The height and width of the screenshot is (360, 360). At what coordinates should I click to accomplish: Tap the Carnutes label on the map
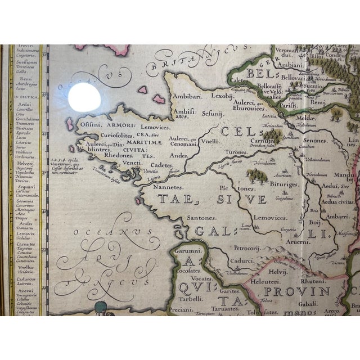coord(265,127)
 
